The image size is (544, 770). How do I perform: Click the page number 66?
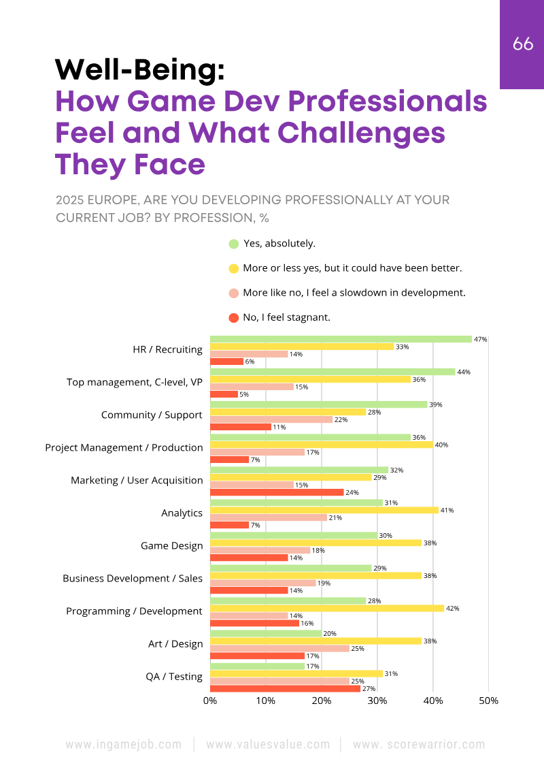click(523, 44)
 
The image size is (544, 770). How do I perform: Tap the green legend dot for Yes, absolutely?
click(234, 244)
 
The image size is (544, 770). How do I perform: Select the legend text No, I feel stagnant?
click(286, 317)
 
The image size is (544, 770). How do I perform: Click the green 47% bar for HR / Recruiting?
click(341, 339)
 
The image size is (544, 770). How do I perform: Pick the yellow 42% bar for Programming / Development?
click(327, 608)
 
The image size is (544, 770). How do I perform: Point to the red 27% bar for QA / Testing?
click(285, 688)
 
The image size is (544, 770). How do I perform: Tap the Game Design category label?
click(171, 545)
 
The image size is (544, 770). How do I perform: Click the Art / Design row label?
click(175, 643)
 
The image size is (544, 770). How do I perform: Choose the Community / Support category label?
click(152, 415)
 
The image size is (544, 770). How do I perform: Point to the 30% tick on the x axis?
click(377, 701)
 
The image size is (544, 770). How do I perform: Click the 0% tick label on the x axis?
click(210, 701)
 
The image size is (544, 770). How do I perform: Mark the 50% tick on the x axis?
click(489, 701)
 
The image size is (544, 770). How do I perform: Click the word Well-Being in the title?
click(139, 69)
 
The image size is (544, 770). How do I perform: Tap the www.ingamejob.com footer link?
click(124, 744)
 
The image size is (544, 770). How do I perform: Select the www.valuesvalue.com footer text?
click(268, 744)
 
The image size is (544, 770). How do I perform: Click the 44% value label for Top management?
click(464, 372)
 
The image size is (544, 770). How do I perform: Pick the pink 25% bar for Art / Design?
click(279, 649)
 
